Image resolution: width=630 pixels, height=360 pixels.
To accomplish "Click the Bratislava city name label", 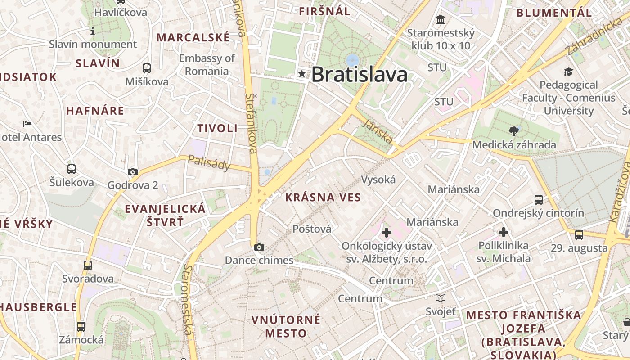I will [359, 74].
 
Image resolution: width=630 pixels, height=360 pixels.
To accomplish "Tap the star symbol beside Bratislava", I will [301, 74].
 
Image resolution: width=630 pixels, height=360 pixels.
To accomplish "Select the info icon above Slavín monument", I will [93, 31].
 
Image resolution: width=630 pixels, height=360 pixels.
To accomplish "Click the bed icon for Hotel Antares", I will [27, 124].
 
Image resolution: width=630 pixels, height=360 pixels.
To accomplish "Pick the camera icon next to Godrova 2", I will [133, 171].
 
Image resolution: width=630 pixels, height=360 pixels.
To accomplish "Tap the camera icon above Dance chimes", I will [259, 247].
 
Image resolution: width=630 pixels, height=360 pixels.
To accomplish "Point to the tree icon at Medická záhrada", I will [513, 131].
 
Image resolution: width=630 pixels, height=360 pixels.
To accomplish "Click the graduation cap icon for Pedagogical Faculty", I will [568, 72].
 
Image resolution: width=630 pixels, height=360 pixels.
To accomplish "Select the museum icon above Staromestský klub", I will [441, 20].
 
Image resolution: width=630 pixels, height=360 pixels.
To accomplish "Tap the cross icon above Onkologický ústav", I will [386, 233].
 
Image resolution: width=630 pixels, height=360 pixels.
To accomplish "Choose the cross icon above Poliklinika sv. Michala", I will [504, 232].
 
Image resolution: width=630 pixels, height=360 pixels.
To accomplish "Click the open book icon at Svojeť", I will [441, 298].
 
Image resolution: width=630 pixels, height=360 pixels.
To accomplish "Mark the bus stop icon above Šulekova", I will [72, 169].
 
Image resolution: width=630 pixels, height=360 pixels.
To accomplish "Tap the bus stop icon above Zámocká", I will [81, 327].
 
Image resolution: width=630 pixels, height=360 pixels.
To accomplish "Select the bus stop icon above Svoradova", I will [88, 265].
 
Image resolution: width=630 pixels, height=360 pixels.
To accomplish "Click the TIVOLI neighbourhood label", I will [217, 128].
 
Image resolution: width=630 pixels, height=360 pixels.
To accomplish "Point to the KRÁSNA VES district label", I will [323, 197].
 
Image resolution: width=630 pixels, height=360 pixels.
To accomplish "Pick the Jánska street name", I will [378, 132].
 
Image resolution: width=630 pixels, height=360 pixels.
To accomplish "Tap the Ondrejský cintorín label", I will [538, 213].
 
